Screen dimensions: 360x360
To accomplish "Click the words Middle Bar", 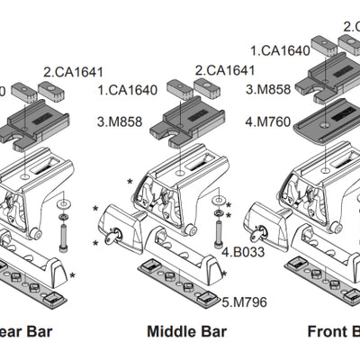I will pos(185,332).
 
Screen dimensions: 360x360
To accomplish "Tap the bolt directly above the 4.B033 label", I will pos(220,235).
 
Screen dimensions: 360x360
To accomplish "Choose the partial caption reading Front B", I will pos(333,332).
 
